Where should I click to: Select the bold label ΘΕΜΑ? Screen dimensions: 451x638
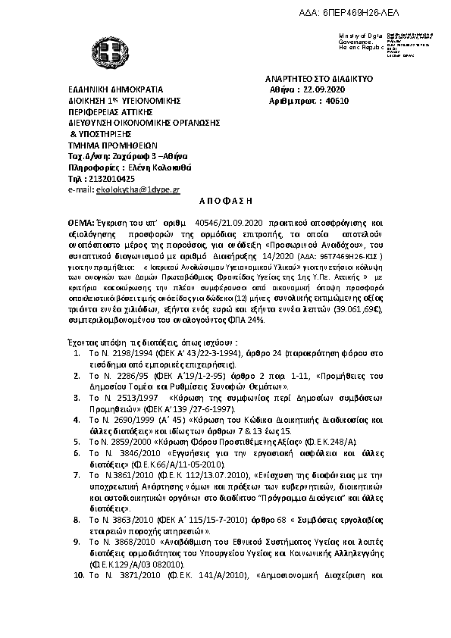tap(81, 224)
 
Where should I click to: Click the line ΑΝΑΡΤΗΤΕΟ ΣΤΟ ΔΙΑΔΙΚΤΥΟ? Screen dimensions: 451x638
tap(319, 79)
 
